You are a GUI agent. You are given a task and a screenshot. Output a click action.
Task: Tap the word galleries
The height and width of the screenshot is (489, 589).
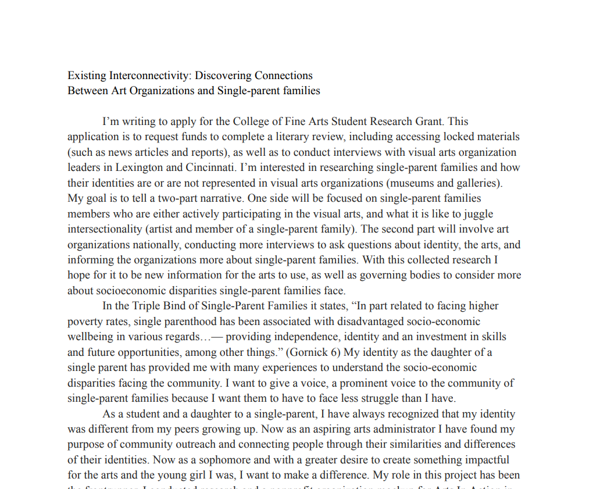click(x=478, y=183)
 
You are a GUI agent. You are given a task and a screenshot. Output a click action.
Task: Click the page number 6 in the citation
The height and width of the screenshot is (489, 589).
click(x=339, y=352)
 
